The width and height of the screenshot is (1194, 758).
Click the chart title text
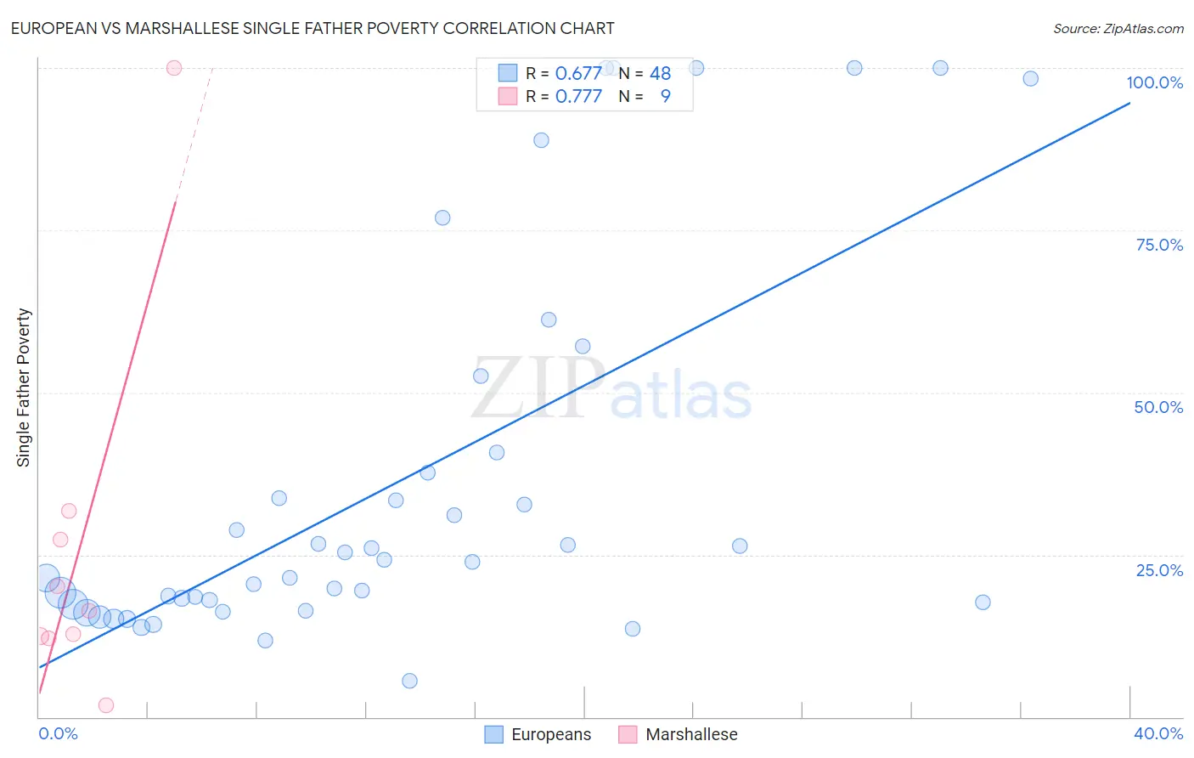pos(313,28)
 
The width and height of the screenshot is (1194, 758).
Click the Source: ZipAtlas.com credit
pos(1118,28)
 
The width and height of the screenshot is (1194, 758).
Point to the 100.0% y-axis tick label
pos(1154,82)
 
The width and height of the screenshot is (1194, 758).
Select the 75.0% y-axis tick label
pos(1159,245)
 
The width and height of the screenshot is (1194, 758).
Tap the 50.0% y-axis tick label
pos(1158,407)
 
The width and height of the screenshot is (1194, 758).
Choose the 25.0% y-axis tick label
pos(1159,570)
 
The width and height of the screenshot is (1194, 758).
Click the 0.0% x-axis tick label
pos(59,733)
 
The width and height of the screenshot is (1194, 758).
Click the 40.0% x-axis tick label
pos(1157,733)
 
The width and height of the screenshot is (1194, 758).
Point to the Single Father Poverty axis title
pos(24,387)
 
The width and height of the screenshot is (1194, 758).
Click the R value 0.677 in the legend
pos(578,74)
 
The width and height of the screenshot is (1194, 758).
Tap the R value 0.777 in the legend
pos(578,97)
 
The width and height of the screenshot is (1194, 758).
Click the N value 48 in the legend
pos(660,74)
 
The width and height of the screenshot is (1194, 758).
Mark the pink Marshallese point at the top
pos(174,68)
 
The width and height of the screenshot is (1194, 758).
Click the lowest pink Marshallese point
pos(106,705)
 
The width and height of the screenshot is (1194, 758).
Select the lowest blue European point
pos(409,681)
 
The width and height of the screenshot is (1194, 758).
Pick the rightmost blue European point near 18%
pos(983,602)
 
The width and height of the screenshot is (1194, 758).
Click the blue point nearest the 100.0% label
pos(1030,79)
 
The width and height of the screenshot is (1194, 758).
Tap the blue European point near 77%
pos(442,218)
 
